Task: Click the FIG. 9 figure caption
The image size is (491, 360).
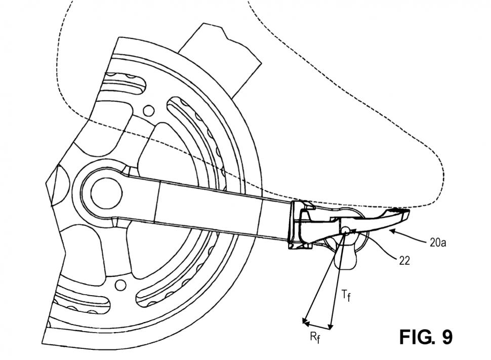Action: [x=426, y=337]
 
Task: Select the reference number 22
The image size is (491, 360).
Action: [x=404, y=260]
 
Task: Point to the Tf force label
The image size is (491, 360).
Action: [x=346, y=296]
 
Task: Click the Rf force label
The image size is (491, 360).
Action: [x=315, y=338]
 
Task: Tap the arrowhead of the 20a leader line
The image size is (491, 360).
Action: [x=391, y=232]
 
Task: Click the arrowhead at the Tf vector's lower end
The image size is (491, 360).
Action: [x=331, y=326]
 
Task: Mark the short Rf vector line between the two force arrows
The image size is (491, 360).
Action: [x=316, y=325]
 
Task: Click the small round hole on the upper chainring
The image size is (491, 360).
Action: [x=149, y=110]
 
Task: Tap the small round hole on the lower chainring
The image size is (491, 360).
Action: [x=120, y=286]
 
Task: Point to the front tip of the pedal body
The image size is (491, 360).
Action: [x=408, y=214]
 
